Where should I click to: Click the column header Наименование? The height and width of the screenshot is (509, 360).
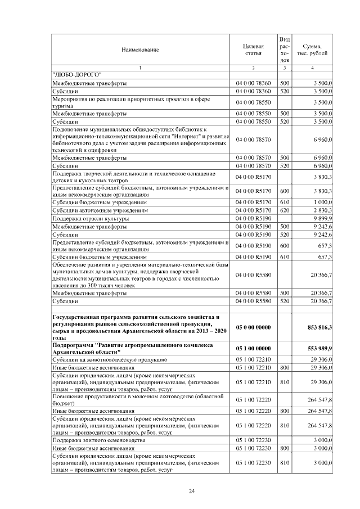[x=140, y=49]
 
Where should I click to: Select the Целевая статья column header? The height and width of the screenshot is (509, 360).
[x=253, y=49]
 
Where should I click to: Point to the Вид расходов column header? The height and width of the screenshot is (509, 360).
[x=285, y=49]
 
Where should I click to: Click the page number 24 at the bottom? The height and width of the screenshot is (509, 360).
[x=191, y=491]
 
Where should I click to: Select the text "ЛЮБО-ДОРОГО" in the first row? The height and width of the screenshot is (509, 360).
[x=76, y=74]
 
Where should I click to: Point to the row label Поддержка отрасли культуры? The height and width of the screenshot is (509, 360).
[x=90, y=218]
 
